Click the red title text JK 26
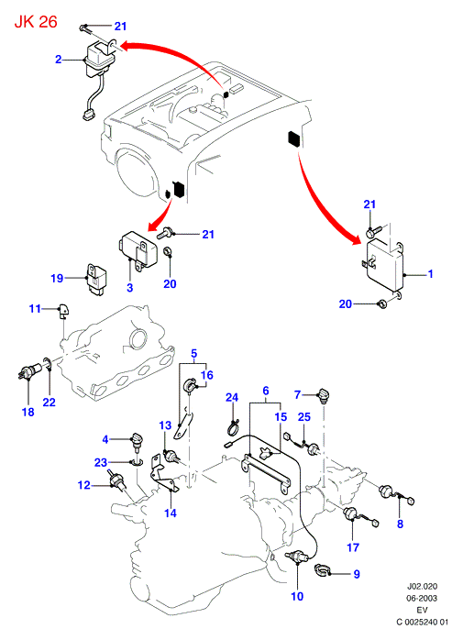[36, 22]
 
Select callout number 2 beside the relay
[59, 60]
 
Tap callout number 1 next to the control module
[430, 273]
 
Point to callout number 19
[57, 279]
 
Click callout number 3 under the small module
[130, 288]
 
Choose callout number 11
[35, 309]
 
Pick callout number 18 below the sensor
[28, 412]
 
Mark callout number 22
[49, 402]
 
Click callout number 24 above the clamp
[232, 397]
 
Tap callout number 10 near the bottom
[297, 596]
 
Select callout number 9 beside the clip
[357, 574]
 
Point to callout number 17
[353, 547]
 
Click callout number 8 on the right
[400, 524]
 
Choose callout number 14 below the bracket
[171, 513]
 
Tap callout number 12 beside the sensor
[84, 485]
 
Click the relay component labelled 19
[97, 280]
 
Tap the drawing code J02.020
[422, 587]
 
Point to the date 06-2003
[422, 599]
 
